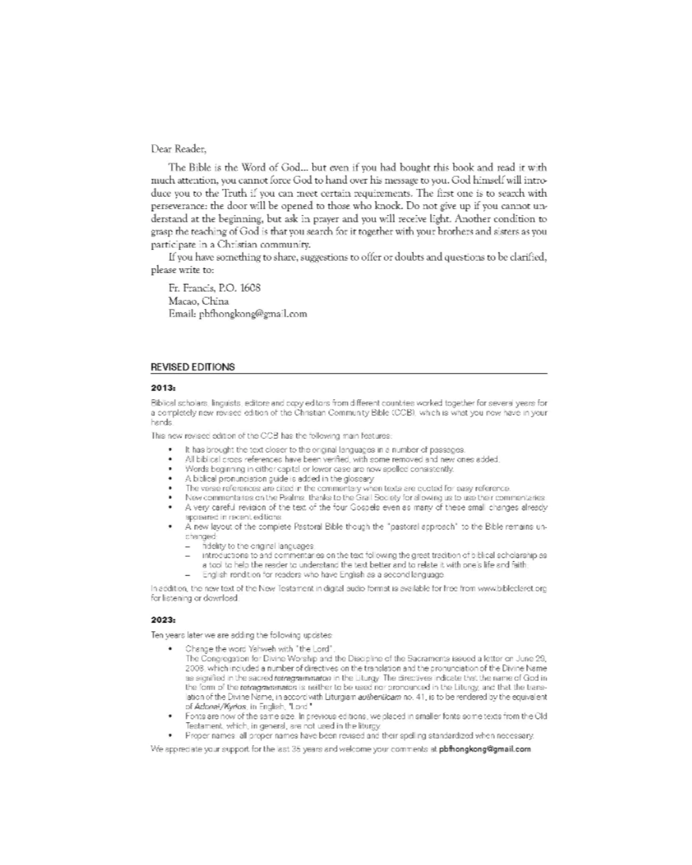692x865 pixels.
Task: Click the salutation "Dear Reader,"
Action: click(x=179, y=149)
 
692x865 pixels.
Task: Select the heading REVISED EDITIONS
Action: click(x=193, y=367)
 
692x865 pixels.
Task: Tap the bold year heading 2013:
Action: click(x=163, y=388)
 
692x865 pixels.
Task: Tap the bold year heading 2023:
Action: click(x=163, y=620)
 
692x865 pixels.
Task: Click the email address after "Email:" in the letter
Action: click(x=253, y=313)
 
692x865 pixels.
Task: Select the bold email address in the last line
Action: click(x=485, y=749)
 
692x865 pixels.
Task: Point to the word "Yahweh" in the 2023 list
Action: click(x=251, y=649)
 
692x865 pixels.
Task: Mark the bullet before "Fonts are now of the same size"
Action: click(x=170, y=716)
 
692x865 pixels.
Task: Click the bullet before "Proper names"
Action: click(x=170, y=736)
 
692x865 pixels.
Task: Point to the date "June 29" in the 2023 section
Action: click(x=532, y=658)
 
